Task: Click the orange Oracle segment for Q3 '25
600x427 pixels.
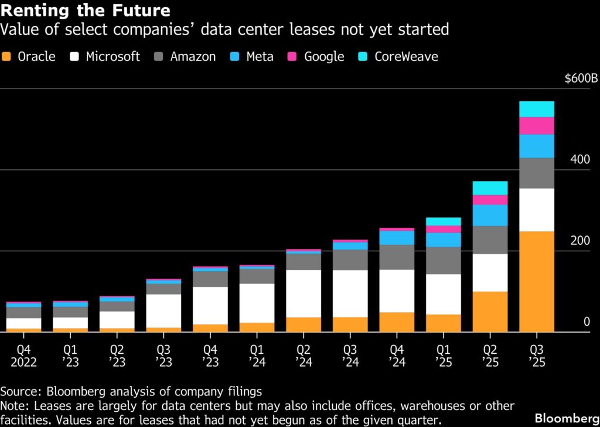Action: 537,281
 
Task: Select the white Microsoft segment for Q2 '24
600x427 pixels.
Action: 304,293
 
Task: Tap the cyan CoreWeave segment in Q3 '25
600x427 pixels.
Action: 537,109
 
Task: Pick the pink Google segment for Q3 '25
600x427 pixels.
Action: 537,126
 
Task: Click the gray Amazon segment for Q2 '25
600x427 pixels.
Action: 490,240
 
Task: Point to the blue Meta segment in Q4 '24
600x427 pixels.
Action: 397,237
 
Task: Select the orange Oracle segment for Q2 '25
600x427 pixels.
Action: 490,311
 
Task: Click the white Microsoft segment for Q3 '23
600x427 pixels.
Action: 163,310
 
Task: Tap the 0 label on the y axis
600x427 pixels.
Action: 586,322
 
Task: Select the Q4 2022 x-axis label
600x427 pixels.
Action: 23,356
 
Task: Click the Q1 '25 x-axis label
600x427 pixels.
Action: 443,356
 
